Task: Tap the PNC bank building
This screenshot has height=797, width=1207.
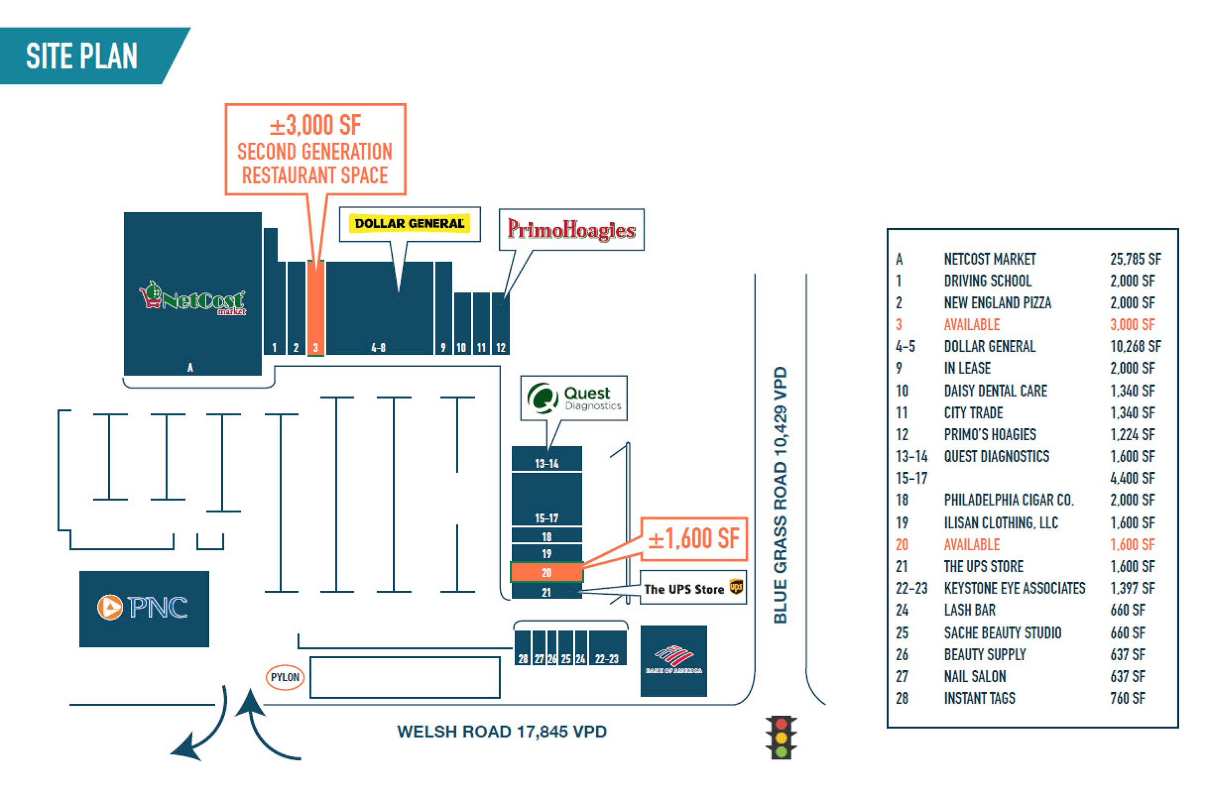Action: (x=144, y=608)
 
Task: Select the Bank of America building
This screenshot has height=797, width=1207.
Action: (x=673, y=660)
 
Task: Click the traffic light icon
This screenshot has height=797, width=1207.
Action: (x=781, y=737)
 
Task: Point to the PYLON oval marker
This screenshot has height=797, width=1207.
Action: (x=285, y=677)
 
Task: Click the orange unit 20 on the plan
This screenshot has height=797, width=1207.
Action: (x=546, y=572)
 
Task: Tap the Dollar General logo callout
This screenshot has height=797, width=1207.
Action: (x=409, y=224)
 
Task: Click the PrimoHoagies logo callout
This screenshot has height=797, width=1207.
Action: (x=571, y=230)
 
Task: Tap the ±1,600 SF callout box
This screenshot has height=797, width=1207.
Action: (x=694, y=539)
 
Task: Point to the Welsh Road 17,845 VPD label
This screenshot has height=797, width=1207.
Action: (x=501, y=731)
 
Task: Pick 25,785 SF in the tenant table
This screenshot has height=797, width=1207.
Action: (x=1135, y=259)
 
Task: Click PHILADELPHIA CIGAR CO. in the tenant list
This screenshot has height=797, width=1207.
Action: (x=1009, y=500)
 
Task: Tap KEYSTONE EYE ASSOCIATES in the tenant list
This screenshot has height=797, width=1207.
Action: (x=1014, y=588)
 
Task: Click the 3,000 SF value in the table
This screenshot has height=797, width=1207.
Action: (x=1132, y=324)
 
